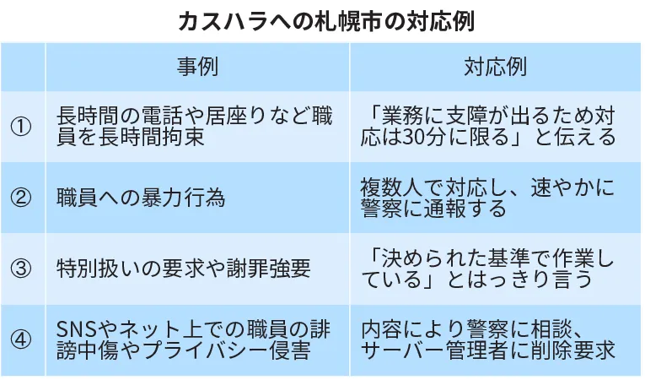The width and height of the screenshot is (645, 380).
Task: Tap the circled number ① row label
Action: [x=22, y=127]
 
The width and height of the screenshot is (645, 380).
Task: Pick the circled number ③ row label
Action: [x=22, y=269]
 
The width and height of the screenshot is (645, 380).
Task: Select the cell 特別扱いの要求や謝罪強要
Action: [x=183, y=269]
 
